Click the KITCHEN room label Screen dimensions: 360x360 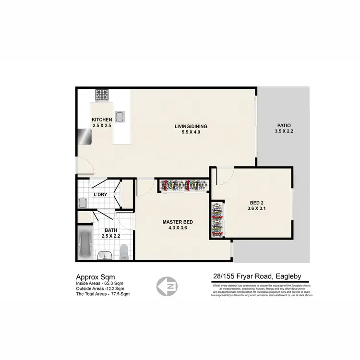coord(102,120)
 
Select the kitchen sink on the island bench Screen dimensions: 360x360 coord(120,116)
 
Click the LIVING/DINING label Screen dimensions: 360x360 coord(191,127)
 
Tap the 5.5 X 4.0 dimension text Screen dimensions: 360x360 coord(191,132)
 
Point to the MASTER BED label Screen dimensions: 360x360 coord(178,222)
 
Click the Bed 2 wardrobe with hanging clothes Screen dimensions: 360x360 coord(217,218)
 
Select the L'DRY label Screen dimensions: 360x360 coord(100,194)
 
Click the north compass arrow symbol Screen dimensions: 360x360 coord(165,287)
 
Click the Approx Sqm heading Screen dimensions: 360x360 coord(96,276)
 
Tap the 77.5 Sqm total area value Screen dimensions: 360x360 coord(120,294)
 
